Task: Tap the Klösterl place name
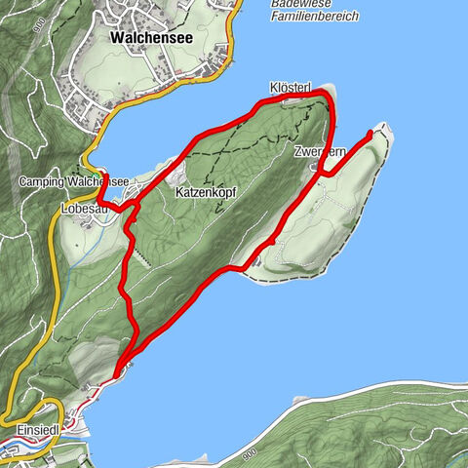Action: click(x=290, y=88)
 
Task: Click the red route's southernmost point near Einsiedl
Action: click(x=117, y=373)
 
